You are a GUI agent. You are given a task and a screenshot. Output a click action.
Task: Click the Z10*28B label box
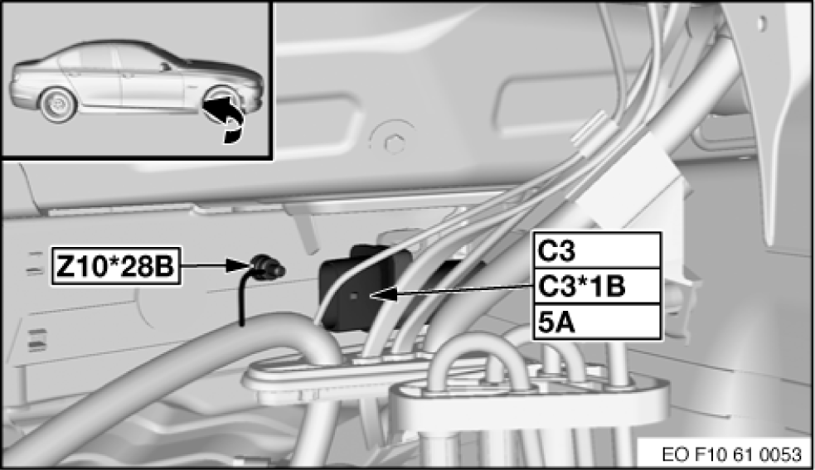[116, 266]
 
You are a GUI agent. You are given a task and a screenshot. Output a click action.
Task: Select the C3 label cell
[597, 250]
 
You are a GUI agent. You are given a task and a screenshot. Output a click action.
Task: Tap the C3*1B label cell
[597, 287]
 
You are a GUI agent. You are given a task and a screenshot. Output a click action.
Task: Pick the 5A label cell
[597, 322]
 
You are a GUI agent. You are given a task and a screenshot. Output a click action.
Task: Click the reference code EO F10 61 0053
[731, 454]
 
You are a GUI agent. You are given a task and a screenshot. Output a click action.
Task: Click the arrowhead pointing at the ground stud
[238, 266]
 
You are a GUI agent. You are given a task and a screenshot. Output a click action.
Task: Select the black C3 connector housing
[353, 291]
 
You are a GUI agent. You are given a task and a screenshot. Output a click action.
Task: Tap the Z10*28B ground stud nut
[268, 266]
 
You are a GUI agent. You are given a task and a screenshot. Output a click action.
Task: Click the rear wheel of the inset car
[58, 104]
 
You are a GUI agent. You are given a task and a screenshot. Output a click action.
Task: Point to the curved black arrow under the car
[226, 117]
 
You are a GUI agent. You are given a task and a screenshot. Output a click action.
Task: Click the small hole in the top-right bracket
[762, 22]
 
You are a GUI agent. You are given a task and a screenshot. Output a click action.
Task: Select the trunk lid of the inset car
[32, 64]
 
